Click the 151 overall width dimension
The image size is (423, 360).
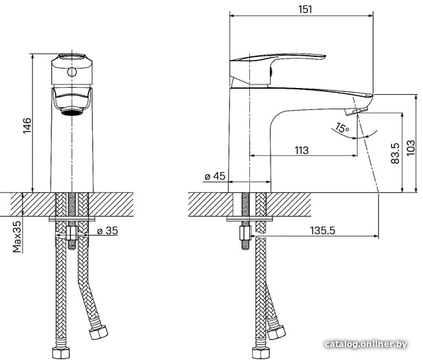click(305, 10)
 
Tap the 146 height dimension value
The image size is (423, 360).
click(27, 126)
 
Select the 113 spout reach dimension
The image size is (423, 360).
click(301, 150)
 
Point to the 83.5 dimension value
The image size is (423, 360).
click(395, 153)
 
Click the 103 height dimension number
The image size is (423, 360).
click(411, 148)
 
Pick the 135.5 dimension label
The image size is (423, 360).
click(322, 231)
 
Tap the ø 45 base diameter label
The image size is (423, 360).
click(215, 177)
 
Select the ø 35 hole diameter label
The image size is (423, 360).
click(107, 231)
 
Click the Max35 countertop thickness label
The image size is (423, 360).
click(17, 236)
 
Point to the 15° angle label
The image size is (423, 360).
click(342, 128)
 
